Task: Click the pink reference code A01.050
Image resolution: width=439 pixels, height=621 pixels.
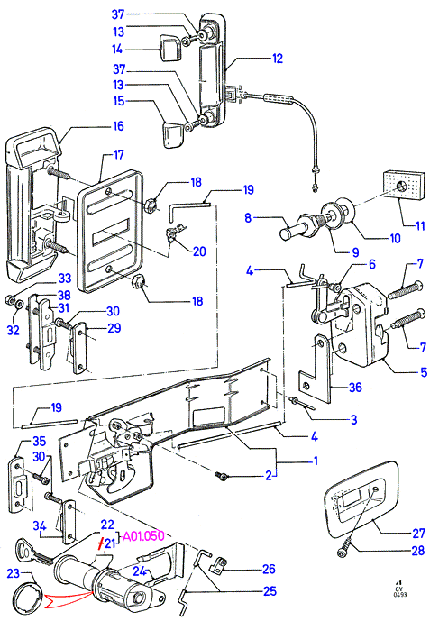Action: point(143,536)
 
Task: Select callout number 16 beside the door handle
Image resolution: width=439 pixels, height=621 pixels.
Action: point(118,126)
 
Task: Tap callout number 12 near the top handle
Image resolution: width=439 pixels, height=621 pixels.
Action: point(278,59)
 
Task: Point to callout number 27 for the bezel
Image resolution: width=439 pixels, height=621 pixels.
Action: point(418,534)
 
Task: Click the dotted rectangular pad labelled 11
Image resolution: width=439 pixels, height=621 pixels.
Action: point(403,187)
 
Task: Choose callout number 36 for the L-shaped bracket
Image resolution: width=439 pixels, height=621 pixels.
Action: point(355,388)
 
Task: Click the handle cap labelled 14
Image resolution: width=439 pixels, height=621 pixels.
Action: point(170,49)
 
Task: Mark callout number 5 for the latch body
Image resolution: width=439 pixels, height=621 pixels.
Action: point(424,372)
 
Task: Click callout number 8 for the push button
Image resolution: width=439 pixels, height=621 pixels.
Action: point(248,218)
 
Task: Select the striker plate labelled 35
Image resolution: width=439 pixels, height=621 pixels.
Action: point(18,485)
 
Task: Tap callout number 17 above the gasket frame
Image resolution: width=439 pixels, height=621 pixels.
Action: point(119,154)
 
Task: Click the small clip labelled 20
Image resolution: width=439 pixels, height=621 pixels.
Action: point(174,233)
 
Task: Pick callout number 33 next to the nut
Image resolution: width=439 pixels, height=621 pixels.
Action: point(65,278)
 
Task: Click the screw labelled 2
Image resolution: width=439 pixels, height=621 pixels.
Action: point(220,475)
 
